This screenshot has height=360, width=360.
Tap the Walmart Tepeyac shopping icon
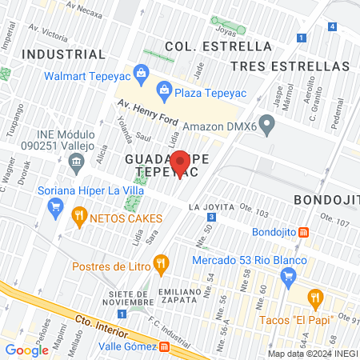(x=142, y=74)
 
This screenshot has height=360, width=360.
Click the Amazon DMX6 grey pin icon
(x=268, y=125)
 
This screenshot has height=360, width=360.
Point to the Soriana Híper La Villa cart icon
(x=55, y=209)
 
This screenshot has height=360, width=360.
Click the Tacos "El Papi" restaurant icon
(x=314, y=299)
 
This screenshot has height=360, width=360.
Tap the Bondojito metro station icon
(x=304, y=233)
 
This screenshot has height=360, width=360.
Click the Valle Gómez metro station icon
(x=164, y=347)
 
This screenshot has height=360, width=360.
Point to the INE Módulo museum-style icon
(x=76, y=164)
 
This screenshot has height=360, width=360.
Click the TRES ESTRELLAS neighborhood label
(x=278, y=65)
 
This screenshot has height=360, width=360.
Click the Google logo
(x=26, y=350)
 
